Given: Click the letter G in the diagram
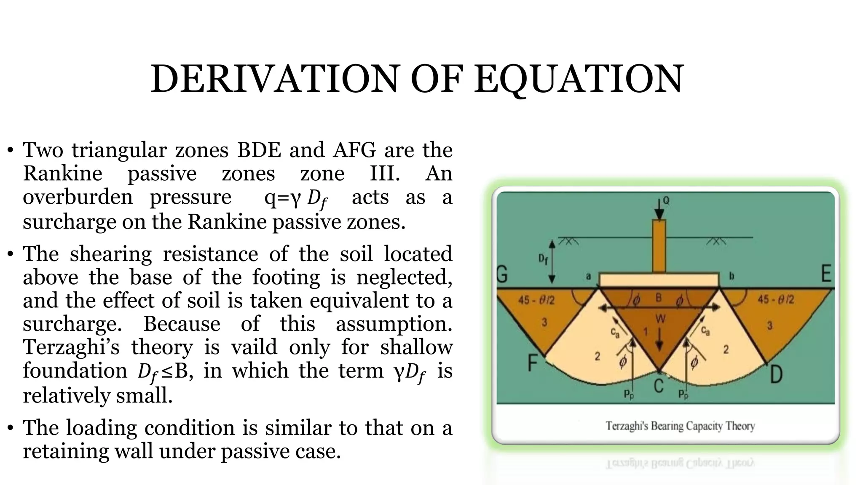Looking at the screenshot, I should point(502,275).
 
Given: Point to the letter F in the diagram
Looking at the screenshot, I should point(533,362).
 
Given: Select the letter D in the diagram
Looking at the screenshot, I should point(776,374).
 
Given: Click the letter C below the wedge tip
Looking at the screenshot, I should point(659,385).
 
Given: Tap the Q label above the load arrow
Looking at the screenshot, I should point(666,200).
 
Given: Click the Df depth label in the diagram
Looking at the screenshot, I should point(543,259).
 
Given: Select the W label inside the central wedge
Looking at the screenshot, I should point(660,319).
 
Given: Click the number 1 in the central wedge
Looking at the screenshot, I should point(645,332).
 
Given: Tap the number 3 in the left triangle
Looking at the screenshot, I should point(544,322).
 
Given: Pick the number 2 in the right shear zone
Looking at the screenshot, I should point(726,349).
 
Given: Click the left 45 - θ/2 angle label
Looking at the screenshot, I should point(536,300).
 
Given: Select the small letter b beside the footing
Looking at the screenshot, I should point(732,276).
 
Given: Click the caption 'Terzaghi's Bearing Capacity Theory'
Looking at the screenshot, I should point(680,426).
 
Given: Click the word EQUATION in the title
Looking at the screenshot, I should point(579,79).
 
